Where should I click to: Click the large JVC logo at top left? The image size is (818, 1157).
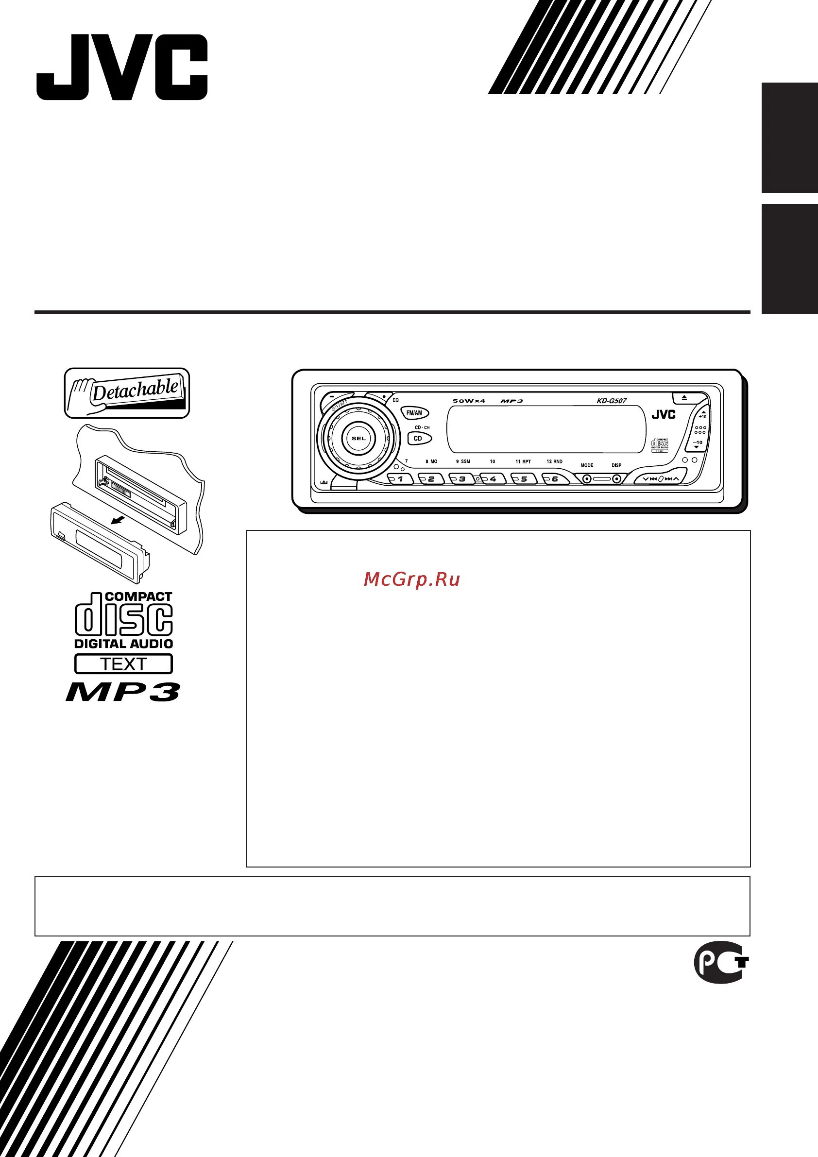pos(121,67)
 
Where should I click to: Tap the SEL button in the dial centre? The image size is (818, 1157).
pos(358,439)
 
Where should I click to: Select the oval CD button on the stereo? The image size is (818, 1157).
pos(418,439)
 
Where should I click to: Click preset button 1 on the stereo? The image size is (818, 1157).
pos(400,479)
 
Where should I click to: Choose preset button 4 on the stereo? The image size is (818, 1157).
pos(493,479)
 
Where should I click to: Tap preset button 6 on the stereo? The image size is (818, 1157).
pos(555,479)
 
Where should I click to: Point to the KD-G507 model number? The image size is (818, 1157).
pos(612,401)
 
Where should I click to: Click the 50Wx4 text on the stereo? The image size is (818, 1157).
pos(468,401)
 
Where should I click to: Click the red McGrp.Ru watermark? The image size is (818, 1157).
pos(411,580)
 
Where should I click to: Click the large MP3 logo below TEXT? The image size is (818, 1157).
pos(122,692)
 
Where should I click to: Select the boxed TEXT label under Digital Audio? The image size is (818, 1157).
pos(123,664)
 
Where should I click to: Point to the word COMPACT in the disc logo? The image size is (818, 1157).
pos(138,596)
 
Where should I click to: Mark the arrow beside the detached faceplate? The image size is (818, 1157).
pos(119,519)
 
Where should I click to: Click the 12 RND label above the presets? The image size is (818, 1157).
pos(554,461)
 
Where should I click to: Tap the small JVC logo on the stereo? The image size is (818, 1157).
pos(663,414)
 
